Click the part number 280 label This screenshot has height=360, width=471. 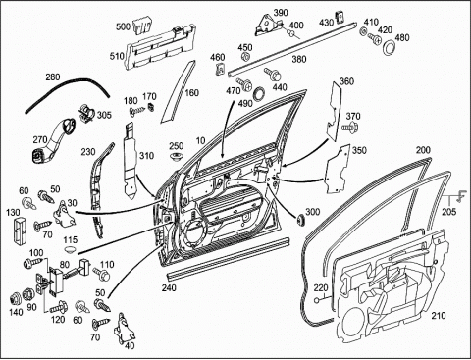pos(53,77)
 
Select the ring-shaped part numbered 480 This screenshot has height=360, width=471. pos(389,48)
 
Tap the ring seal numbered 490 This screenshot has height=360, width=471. pos(259,94)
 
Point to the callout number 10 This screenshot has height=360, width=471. pos(200,140)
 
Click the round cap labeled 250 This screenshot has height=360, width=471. pos(177,156)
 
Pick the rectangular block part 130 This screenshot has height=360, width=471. pos(19,230)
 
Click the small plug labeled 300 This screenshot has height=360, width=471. pos(299,220)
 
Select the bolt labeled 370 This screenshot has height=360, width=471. pos(349,127)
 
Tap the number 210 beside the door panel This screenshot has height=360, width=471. pos(439,316)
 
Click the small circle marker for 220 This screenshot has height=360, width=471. pos(317,301)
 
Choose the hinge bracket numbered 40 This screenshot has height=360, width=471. pos(124,329)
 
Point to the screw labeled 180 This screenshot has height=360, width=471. pos(136,111)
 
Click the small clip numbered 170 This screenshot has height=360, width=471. pos(151,107)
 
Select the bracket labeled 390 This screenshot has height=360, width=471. pos(268,26)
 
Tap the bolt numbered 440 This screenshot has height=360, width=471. pos(274,75)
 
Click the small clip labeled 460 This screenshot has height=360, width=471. pos(221,69)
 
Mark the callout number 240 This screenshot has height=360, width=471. pos(169,287)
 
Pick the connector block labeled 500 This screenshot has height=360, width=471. pos(142,26)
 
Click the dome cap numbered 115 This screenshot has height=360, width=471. pos(70,250)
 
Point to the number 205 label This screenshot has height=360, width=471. pos(448,212)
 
